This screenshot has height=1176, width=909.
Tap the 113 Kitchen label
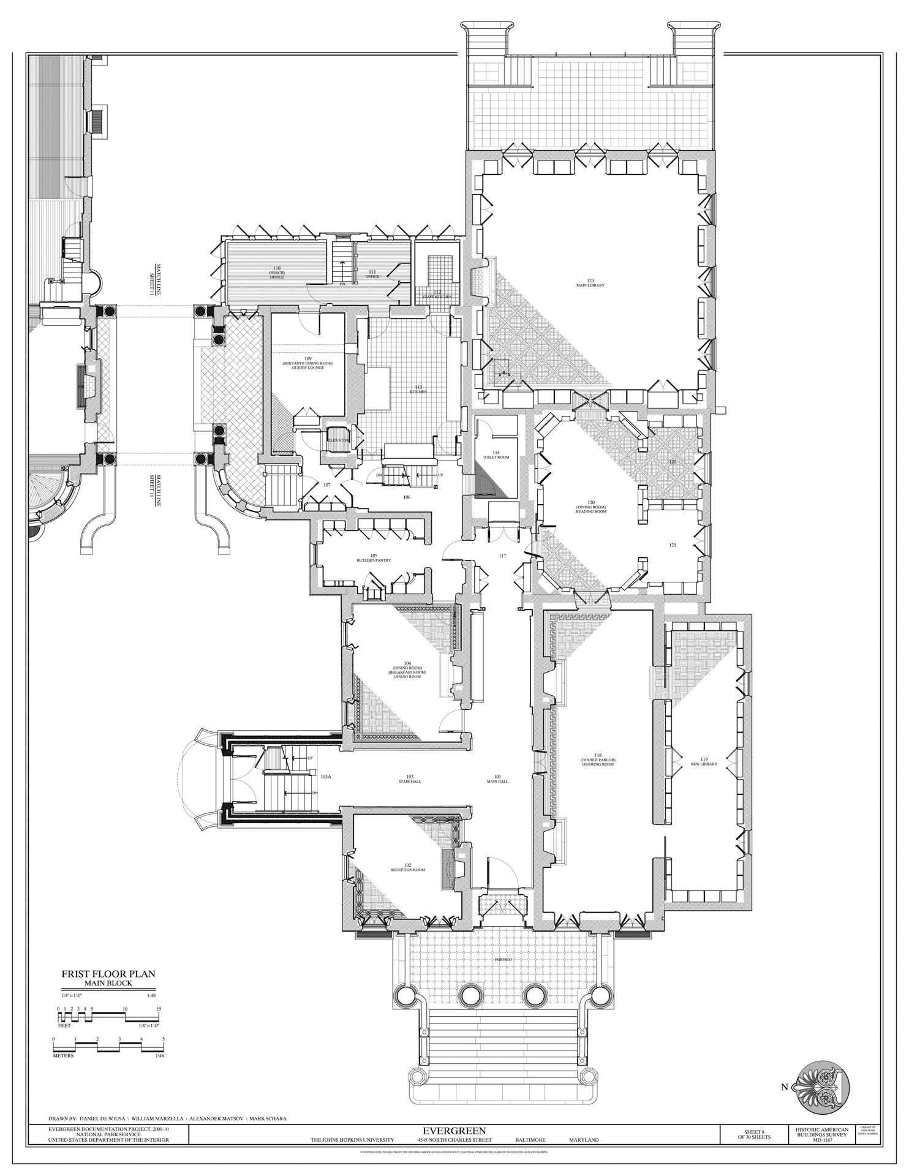tap(419, 390)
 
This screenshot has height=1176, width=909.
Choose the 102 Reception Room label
tap(407, 867)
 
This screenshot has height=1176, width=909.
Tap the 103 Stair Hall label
tap(410, 778)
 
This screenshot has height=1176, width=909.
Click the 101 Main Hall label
tap(497, 778)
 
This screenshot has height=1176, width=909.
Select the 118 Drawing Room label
tap(597, 761)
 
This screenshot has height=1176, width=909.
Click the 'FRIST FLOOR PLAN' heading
tap(108, 973)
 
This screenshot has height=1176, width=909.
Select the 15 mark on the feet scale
tap(159, 1008)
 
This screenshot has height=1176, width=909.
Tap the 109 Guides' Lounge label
tap(308, 363)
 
